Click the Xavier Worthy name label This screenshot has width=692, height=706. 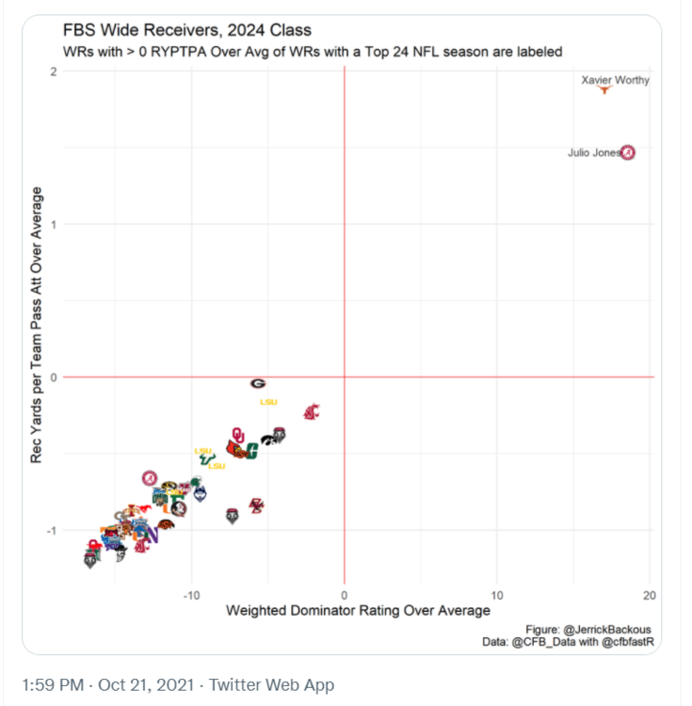(615, 80)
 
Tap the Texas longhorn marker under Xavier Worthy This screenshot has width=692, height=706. (605, 90)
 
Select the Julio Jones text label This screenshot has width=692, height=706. (593, 152)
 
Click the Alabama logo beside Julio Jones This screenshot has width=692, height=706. (628, 152)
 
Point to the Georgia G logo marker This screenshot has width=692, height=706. (258, 383)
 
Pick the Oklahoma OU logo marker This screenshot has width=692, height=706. (238, 434)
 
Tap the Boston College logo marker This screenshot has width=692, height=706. (256, 505)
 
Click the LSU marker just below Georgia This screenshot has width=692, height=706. (268, 402)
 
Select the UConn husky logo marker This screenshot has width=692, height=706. (200, 493)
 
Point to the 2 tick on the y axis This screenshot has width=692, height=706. (54, 72)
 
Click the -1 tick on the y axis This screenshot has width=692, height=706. (51, 531)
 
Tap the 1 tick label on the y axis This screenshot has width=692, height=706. (54, 224)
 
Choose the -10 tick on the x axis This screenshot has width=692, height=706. (192, 595)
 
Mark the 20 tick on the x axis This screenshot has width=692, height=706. (649, 595)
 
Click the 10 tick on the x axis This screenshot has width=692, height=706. (497, 595)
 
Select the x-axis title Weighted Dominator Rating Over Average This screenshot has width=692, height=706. (358, 611)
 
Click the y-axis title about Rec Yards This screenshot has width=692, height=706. (38, 325)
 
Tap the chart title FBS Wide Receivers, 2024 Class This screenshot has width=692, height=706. (186, 31)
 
